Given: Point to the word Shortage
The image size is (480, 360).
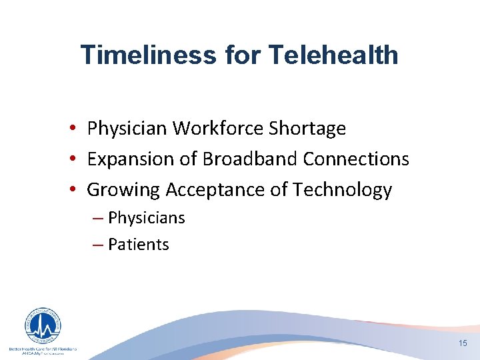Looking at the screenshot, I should (307, 128).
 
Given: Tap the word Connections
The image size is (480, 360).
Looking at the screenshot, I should (356, 159).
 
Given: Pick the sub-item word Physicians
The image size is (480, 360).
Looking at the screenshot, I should (146, 218).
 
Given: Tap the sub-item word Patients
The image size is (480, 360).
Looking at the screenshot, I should (138, 245).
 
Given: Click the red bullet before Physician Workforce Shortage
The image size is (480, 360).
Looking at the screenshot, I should (78, 129).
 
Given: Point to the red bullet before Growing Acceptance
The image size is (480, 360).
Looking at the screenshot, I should (78, 191).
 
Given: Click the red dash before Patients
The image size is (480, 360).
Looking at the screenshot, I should (99, 245).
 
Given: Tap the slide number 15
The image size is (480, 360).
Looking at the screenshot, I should (463, 343).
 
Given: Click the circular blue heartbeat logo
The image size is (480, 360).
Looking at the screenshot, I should (43, 327).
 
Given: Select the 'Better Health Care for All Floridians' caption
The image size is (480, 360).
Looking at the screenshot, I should (43, 349).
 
